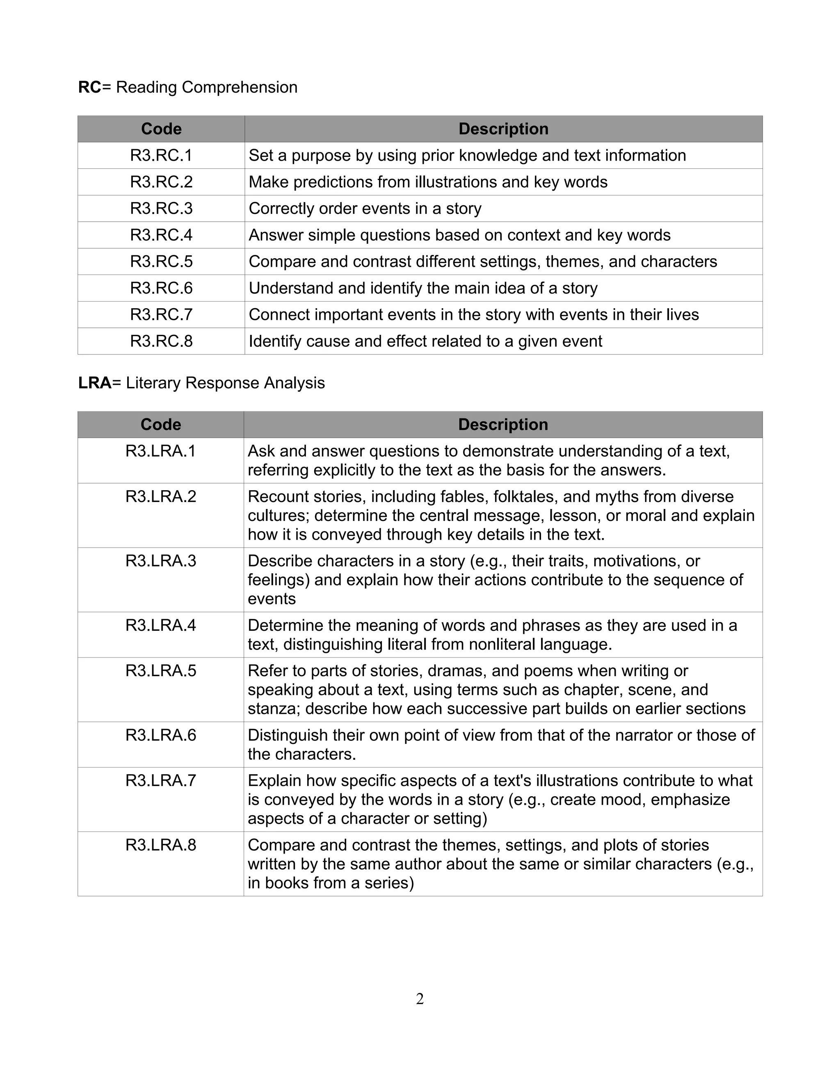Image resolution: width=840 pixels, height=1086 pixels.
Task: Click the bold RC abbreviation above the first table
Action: [89, 88]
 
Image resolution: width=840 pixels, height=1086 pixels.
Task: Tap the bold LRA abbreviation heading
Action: [95, 383]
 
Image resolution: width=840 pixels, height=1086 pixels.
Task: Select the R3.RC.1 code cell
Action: [161, 156]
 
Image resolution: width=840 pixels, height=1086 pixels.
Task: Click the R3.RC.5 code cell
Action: [161, 261]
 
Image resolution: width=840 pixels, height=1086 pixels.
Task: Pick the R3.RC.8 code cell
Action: [161, 341]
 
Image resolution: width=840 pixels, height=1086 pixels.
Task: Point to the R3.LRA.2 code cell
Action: [161, 496]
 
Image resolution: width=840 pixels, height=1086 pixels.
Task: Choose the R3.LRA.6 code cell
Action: [161, 735]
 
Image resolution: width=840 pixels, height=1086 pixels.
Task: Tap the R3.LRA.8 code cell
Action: [161, 845]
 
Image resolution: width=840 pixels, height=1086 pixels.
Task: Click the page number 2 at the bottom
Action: [420, 999]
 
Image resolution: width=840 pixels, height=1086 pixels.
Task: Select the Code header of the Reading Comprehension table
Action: [161, 129]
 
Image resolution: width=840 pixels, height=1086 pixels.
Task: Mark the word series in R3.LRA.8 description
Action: [383, 883]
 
